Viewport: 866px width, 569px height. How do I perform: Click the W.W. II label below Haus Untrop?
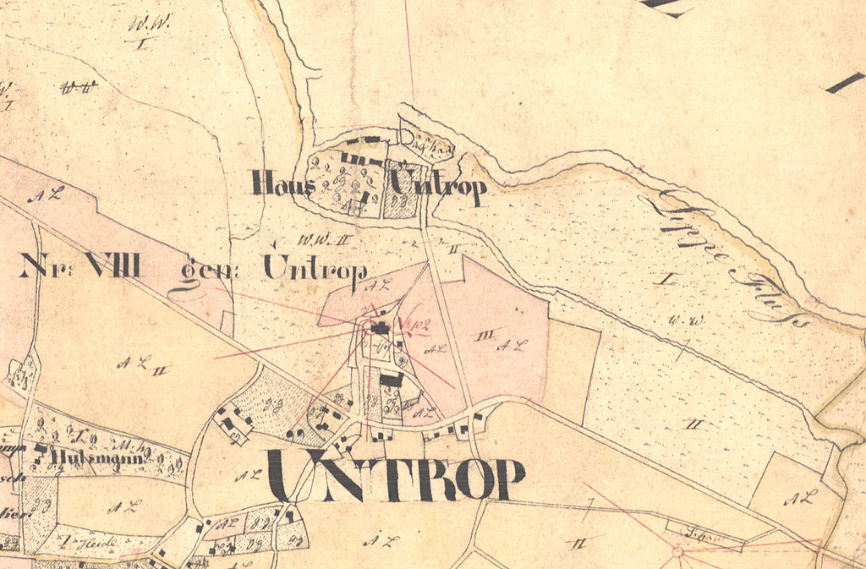[311, 238]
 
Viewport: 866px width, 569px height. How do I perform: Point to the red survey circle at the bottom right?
[677, 552]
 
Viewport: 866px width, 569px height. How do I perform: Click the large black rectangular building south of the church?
[391, 380]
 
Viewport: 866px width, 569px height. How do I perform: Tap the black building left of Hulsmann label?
[40, 449]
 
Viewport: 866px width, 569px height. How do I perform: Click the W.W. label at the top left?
[138, 25]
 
